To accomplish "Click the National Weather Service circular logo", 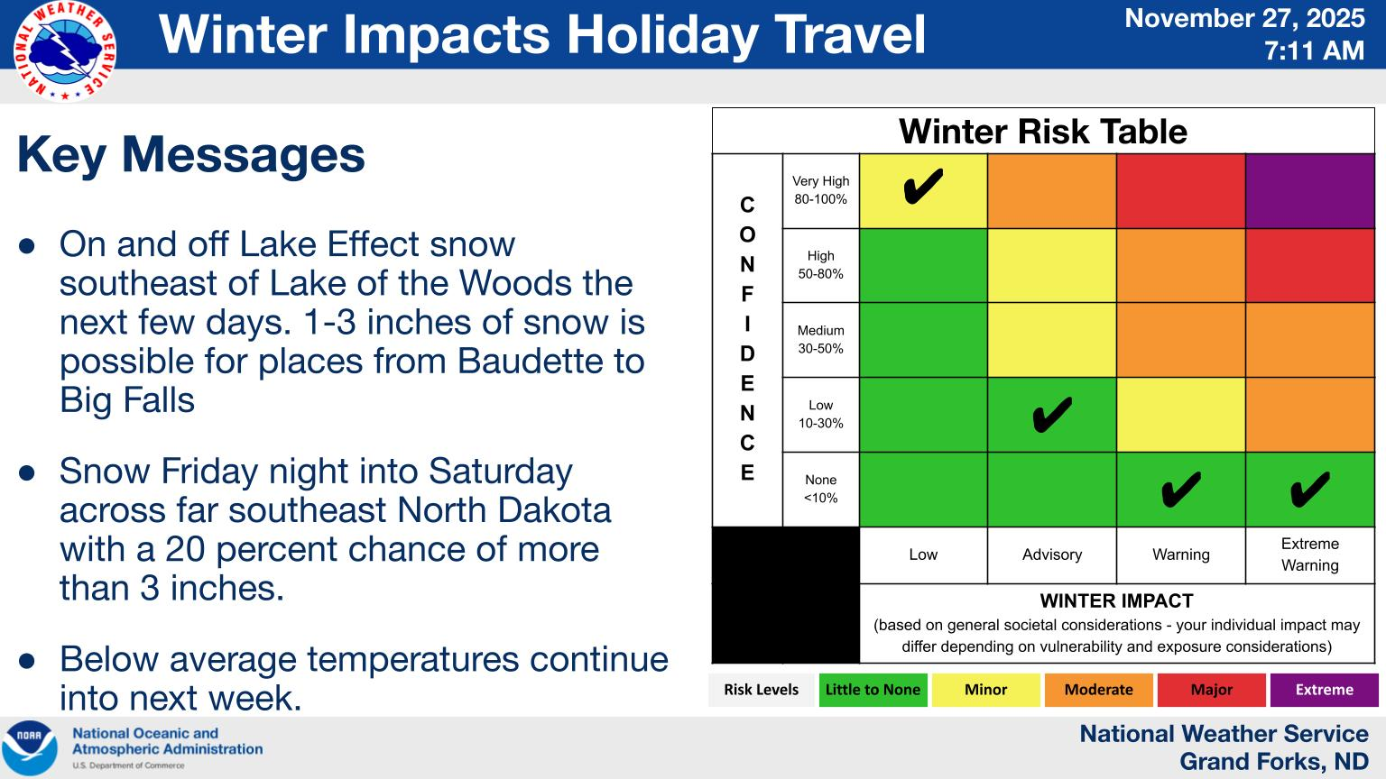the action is point(65,51).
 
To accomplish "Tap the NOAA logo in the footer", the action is point(29,747).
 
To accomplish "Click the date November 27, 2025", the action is point(1244,18).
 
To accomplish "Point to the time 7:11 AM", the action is point(1314,50).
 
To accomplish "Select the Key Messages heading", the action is point(191,154).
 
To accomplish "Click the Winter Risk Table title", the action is point(1042,131).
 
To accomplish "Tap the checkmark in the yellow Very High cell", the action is point(923,186).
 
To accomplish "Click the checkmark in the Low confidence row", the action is point(1052,414).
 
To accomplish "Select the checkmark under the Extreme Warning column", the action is point(1310,489).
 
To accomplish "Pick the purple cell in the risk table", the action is point(1310,191).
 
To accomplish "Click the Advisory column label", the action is point(1052,554).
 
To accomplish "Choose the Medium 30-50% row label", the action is point(820,339).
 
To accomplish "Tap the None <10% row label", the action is point(820,489).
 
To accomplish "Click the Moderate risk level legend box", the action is point(1099,690).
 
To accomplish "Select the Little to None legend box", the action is point(873,690).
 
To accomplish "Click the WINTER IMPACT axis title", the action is point(1117,601).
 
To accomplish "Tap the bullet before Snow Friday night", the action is point(26,473).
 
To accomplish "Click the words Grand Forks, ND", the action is point(1273,761).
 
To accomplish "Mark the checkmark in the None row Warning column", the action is point(1181,489).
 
